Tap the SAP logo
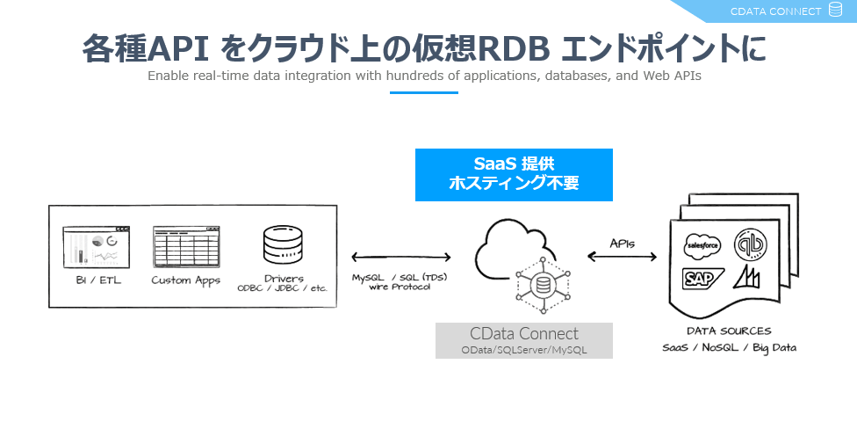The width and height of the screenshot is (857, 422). (702, 279)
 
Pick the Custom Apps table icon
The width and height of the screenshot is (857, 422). (185, 246)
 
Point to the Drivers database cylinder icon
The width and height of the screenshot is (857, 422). (284, 246)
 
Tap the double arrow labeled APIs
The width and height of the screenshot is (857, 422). (623, 257)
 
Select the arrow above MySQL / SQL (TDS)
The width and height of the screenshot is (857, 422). (400, 258)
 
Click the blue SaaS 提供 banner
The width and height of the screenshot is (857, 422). (514, 174)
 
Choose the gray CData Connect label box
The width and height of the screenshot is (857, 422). (524, 340)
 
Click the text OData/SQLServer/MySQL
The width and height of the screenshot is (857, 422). (524, 350)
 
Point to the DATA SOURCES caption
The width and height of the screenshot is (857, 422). (730, 331)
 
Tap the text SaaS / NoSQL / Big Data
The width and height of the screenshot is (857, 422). (730, 347)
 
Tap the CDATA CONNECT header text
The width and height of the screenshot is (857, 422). (775, 11)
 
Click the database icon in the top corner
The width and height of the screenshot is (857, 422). (835, 11)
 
